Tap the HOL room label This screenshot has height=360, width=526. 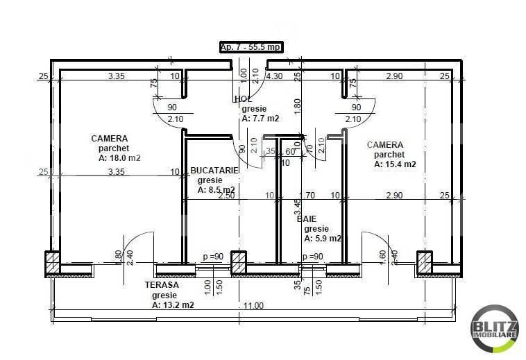pos(243,99)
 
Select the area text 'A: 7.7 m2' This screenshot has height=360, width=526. pos(260,119)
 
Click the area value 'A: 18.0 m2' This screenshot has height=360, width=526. pos(119,158)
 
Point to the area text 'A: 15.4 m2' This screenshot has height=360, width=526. pos(395,164)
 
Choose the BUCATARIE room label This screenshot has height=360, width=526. pos(214,170)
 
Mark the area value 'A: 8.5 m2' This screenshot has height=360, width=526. pos(216,189)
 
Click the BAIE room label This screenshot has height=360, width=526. pos(307,218)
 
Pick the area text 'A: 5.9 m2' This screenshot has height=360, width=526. pos(323,238)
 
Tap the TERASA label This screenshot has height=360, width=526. pos(162,285)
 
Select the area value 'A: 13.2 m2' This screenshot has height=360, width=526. pos(173,305)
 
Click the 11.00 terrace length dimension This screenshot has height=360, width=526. pos(254,305)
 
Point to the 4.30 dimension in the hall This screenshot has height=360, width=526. pos(274,76)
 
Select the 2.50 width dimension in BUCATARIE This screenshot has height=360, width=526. pos(226,196)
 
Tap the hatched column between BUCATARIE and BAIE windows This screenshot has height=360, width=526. pos(238,262)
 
